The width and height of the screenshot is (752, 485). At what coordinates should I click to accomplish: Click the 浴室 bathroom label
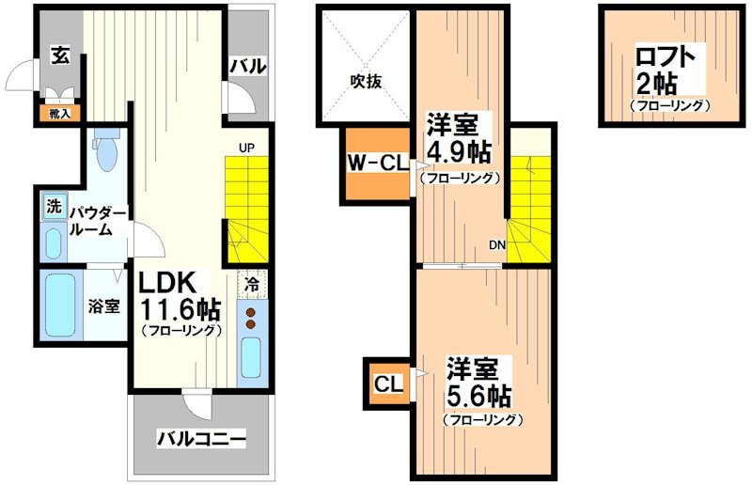click(x=103, y=306)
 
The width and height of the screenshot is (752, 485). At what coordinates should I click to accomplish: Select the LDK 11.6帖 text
click(x=180, y=296)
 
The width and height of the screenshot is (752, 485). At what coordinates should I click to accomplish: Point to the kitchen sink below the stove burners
click(x=252, y=356)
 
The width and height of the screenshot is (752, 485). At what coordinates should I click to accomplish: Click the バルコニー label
click(x=200, y=438)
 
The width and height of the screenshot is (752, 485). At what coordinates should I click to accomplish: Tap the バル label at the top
click(x=248, y=66)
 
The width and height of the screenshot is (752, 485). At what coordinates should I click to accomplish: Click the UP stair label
click(x=246, y=148)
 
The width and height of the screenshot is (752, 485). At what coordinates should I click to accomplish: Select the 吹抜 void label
click(x=367, y=82)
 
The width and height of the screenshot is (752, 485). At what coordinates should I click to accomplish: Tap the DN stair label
click(x=496, y=247)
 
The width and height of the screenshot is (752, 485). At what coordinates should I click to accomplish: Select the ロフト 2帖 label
click(x=667, y=72)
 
